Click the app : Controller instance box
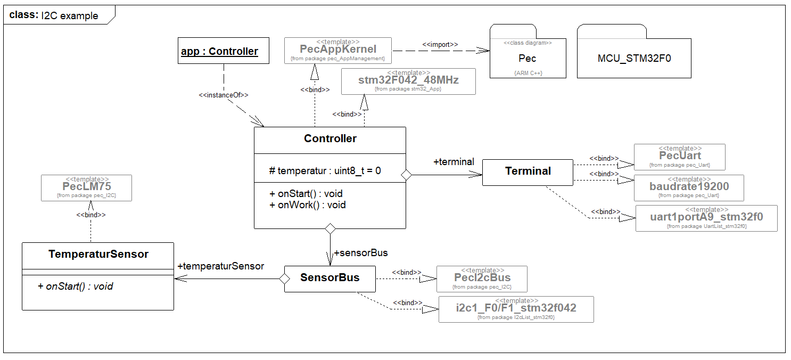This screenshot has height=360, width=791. (x=219, y=51)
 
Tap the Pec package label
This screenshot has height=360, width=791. (x=527, y=58)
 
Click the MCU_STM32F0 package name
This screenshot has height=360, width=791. (x=633, y=58)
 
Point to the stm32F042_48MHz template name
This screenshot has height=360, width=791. (x=408, y=80)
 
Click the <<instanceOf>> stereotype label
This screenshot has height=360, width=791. (x=224, y=95)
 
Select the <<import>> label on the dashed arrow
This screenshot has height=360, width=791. (x=440, y=45)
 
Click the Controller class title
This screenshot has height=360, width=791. (x=330, y=138)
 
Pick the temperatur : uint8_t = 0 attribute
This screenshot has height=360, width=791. (x=325, y=171)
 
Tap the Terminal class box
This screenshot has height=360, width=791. (x=528, y=171)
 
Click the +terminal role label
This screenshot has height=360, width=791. (x=454, y=162)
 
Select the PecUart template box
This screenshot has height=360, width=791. (x=680, y=157)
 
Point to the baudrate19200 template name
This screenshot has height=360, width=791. (x=689, y=187)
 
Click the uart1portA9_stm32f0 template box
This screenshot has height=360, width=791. (x=706, y=218)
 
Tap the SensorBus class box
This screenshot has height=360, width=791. (x=329, y=278)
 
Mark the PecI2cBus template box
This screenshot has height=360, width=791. (x=482, y=279)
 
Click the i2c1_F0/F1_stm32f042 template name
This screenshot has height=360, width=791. (x=516, y=308)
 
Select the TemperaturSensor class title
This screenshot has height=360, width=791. (x=98, y=254)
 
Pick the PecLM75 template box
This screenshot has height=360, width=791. (x=86, y=188)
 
